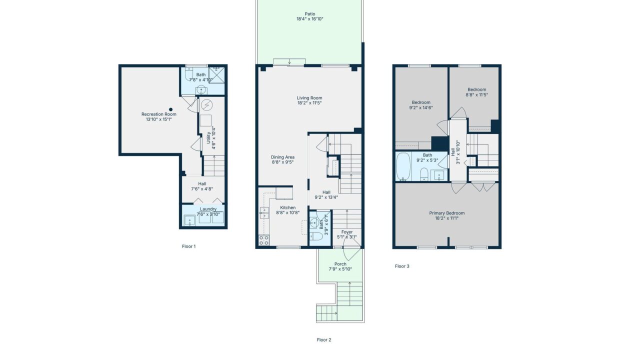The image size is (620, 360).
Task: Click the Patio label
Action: point(310,14)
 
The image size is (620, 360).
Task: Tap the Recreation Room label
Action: point(159,114)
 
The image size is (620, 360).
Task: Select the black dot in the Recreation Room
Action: point(171,109)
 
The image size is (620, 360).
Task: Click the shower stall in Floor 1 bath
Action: point(216,75)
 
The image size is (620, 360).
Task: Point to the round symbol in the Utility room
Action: point(206,105)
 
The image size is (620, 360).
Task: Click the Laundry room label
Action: point(208,209)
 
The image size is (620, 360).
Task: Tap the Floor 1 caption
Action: point(189,246)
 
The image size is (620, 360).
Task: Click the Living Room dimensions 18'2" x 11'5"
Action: point(309,103)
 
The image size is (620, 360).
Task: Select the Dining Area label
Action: point(282,157)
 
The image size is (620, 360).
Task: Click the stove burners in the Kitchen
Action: point(264,240)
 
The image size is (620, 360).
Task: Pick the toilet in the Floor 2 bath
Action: point(316,236)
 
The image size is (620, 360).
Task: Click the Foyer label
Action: point(347,232)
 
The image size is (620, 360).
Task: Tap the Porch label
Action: point(340,264)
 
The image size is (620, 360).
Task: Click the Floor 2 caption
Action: point(324,340)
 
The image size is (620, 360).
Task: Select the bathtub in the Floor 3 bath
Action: point(403,166)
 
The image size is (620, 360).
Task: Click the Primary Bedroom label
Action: point(447,213)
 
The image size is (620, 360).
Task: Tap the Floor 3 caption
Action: point(402,266)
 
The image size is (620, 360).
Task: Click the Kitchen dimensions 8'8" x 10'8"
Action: point(288,213)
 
